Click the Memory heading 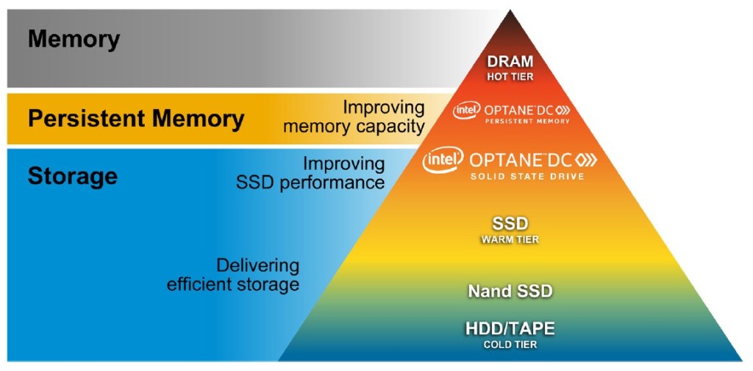[x=74, y=39]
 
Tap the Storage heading [x=72, y=177]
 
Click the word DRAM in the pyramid [x=510, y=62]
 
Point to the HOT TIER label [x=510, y=76]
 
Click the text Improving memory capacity [x=354, y=117]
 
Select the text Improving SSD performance [x=310, y=173]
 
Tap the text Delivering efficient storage [x=233, y=275]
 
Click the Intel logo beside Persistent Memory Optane [x=467, y=110]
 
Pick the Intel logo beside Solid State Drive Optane [x=443, y=160]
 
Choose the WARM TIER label [x=510, y=239]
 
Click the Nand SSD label [x=510, y=291]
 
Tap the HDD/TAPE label [x=510, y=329]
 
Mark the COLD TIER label [x=510, y=344]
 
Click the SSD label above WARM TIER [x=510, y=224]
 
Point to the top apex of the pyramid [x=509, y=12]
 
